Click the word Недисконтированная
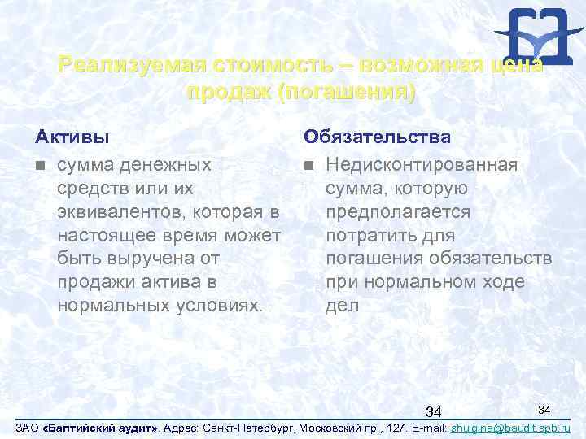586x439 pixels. tap(421, 165)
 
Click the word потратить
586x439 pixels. tap(370, 236)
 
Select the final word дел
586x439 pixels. tap(341, 306)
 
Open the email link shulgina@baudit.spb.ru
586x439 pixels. tap(509, 427)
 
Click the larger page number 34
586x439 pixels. tap(434, 408)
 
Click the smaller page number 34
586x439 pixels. tap(545, 406)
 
